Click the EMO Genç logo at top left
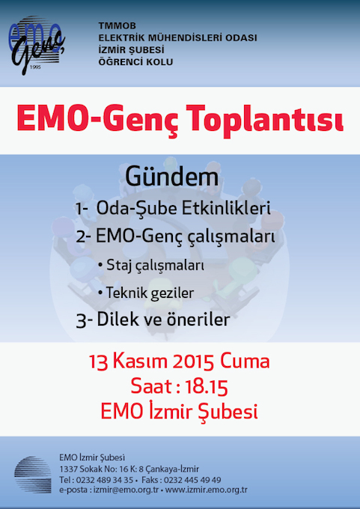[36, 46]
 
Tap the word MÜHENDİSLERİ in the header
[180, 37]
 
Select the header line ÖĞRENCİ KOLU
[136, 61]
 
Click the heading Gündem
[171, 177]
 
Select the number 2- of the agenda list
[85, 237]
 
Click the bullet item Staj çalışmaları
[151, 266]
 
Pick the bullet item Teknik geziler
[146, 293]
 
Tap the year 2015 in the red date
[193, 362]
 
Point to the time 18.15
[206, 388]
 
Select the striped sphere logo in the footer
[33, 475]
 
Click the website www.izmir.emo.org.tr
[206, 490]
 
